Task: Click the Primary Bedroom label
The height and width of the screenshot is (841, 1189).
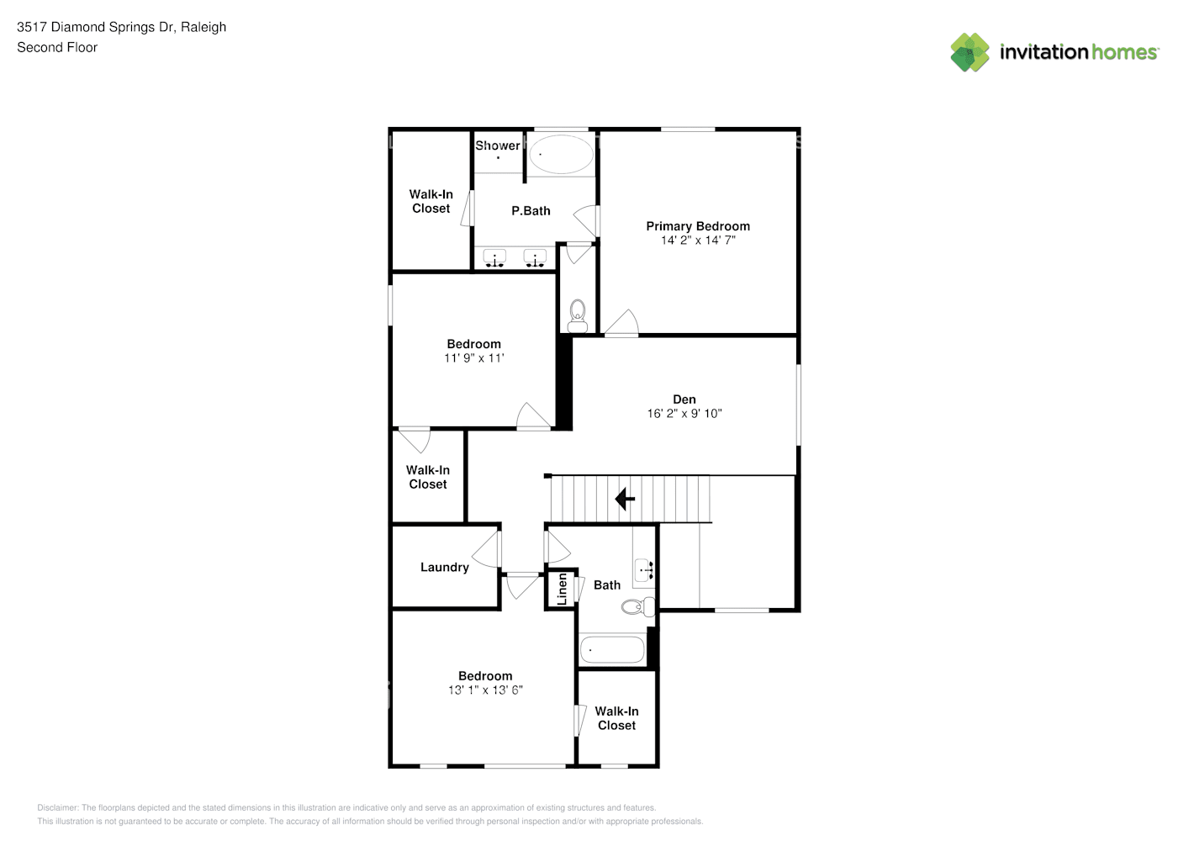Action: [697, 226]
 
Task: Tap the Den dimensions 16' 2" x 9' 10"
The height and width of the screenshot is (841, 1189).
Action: [684, 414]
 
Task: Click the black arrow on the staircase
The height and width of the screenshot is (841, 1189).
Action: [625, 500]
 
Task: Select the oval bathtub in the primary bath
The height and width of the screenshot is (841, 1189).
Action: [560, 155]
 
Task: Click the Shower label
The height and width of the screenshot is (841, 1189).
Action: [498, 145]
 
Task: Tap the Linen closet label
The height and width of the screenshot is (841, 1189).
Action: [562, 589]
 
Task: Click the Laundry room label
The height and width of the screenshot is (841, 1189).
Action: [444, 568]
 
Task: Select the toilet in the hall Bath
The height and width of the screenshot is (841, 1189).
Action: [638, 606]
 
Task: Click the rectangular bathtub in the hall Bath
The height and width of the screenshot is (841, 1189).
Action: [612, 650]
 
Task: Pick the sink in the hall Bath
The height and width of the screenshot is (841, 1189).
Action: [644, 570]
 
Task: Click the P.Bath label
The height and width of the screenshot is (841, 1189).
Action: [531, 211]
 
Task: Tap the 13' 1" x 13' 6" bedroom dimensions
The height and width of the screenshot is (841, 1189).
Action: [485, 690]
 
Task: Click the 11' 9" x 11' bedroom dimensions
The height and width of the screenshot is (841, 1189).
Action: [473, 358]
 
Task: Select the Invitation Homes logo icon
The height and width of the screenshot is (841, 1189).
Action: [970, 52]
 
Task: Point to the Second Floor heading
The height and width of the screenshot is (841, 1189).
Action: [57, 48]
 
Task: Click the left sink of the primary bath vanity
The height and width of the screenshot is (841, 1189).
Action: [494, 258]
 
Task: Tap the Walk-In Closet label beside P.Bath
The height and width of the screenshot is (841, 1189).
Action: [431, 202]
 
